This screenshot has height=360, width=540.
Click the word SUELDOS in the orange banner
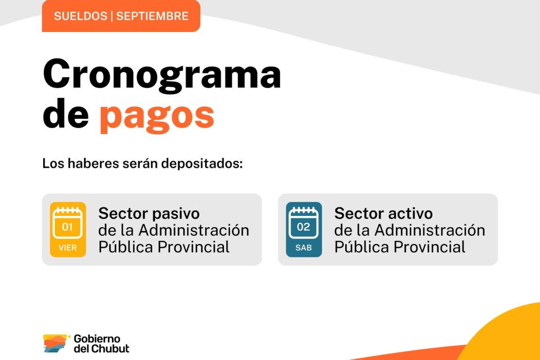[81, 16]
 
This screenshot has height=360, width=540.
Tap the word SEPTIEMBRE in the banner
[152, 16]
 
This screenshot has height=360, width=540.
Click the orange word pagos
[157, 117]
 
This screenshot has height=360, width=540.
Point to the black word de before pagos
[66, 113]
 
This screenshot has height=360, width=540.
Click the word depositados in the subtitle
[202, 163]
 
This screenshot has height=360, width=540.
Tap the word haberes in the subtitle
[93, 163]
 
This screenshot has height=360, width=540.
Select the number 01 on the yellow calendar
[67, 227]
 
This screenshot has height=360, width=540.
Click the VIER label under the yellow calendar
[67, 247]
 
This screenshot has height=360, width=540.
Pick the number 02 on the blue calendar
[303, 227]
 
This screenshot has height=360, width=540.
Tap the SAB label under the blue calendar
[304, 247]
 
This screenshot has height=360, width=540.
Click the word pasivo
[176, 214]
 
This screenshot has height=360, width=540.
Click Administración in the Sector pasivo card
[194, 230]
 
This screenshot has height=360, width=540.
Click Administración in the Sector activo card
[430, 230]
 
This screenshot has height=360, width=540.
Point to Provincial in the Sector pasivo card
[193, 247]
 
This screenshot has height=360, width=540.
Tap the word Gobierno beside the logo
[97, 339]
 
